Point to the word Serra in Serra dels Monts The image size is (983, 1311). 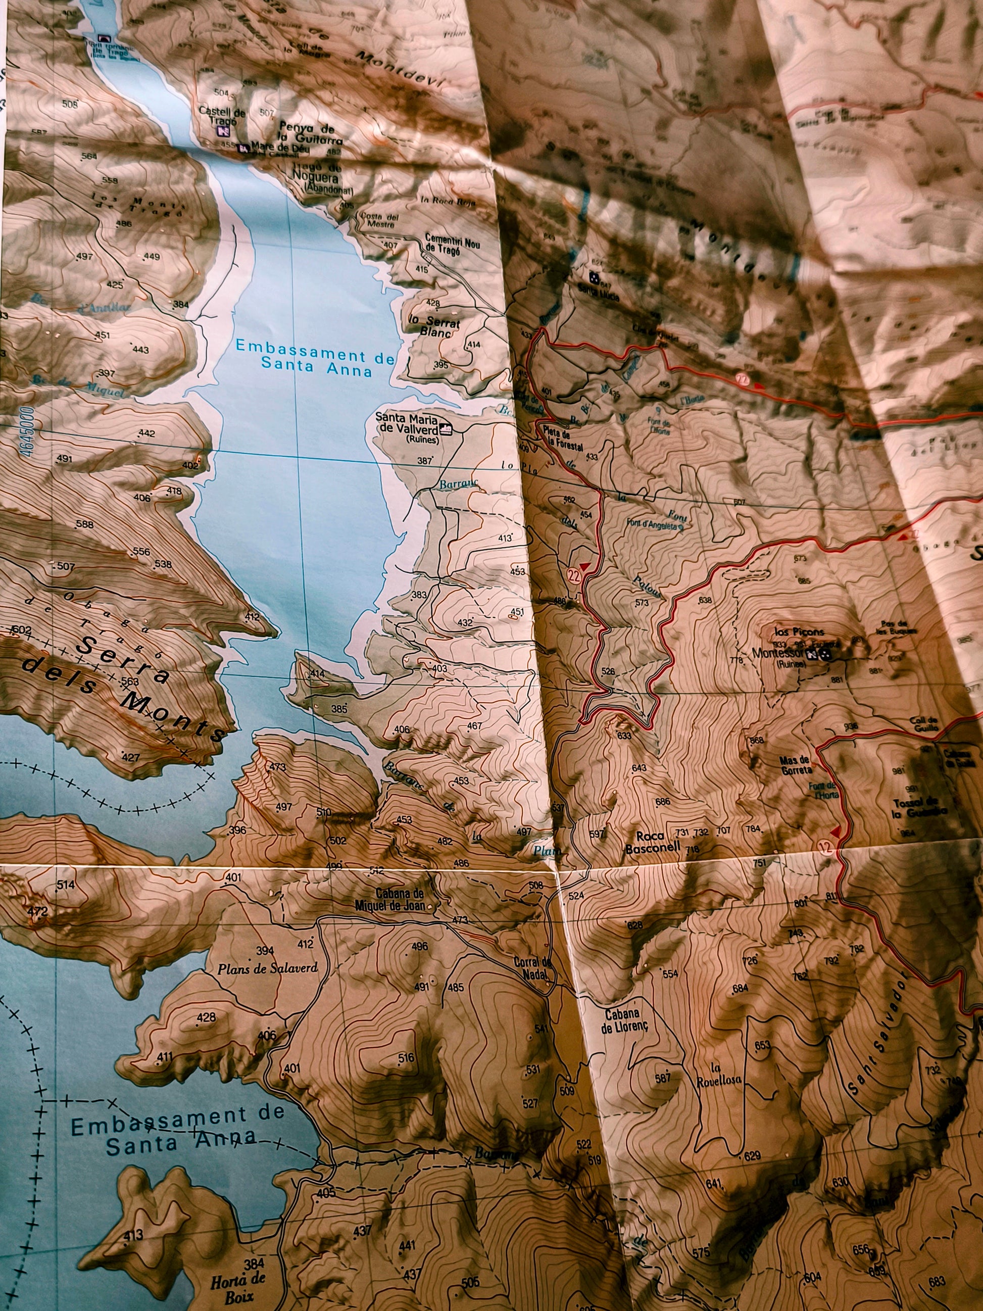click(125, 658)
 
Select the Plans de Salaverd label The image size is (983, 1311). click(267, 968)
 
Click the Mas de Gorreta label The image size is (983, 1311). click(795, 765)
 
